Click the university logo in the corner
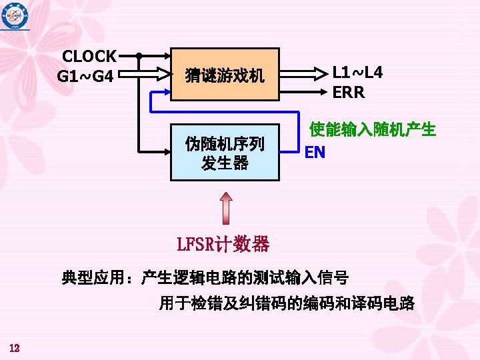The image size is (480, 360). (x=15, y=14)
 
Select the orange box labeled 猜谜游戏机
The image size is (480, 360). (x=225, y=74)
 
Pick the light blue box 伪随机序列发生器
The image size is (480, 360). (x=225, y=153)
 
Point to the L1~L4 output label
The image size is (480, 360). (x=357, y=73)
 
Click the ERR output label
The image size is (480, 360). (x=349, y=93)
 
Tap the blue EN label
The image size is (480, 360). (x=315, y=153)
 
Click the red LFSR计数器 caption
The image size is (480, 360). (x=223, y=244)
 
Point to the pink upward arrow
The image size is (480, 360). (x=226, y=207)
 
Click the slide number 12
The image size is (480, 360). (x=15, y=348)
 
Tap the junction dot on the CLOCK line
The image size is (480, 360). (x=138, y=55)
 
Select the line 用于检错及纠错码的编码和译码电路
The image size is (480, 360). (x=287, y=305)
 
